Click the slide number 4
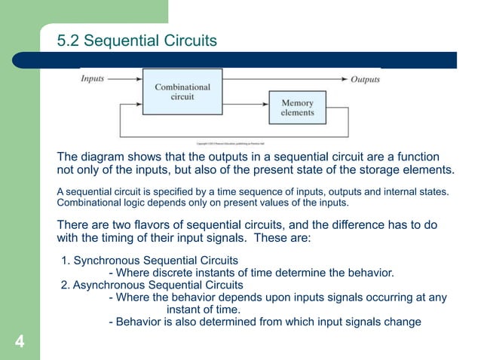[x=20, y=344]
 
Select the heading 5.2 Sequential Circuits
[x=137, y=40]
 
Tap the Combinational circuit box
[x=182, y=92]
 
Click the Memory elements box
[x=297, y=108]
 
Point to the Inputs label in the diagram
[x=93, y=78]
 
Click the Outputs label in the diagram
[x=366, y=79]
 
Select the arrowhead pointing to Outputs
[x=344, y=78]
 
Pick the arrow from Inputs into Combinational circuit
[x=125, y=78]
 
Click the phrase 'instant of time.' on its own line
[x=203, y=310]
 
